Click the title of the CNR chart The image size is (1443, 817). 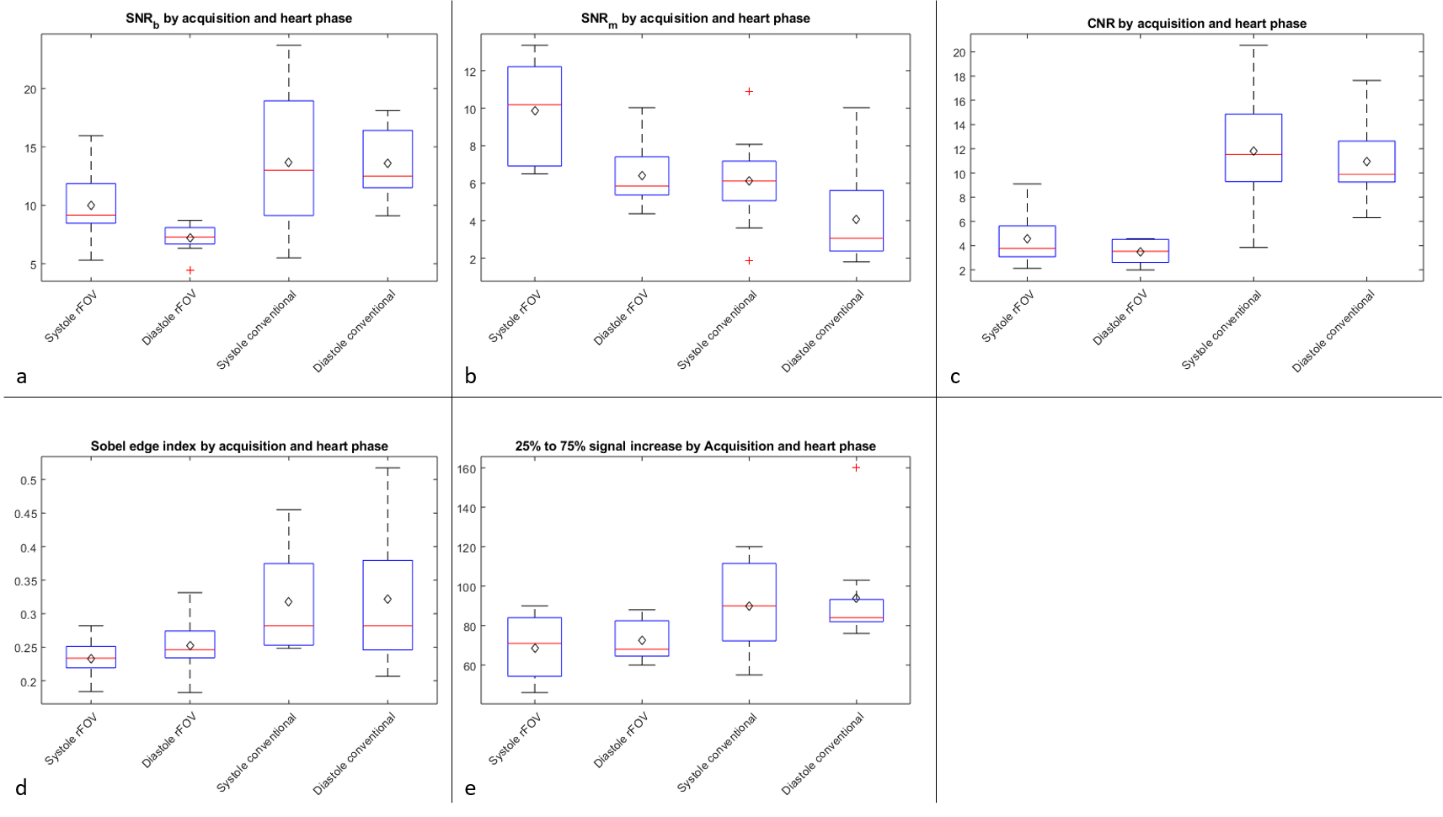point(1196,24)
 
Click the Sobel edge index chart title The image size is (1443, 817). point(239,446)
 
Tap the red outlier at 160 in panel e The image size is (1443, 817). point(856,467)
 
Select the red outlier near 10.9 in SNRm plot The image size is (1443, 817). point(749,91)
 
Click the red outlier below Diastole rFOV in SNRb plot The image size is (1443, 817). point(190,270)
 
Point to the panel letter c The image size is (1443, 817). point(954,376)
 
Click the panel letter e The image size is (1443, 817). point(470,788)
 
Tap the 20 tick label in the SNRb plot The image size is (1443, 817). point(29,89)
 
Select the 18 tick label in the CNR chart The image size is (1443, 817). point(958,77)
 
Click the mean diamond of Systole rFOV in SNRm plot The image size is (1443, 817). point(535,110)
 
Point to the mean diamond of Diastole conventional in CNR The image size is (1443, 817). point(1366,162)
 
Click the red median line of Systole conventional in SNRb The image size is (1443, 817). point(289,170)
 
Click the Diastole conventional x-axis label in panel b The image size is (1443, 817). point(824,331)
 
